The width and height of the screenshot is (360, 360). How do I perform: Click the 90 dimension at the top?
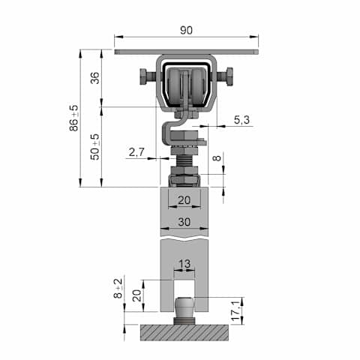(186, 30)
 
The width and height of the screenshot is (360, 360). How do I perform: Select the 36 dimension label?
(95, 78)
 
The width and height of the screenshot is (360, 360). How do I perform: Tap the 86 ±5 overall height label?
(73, 118)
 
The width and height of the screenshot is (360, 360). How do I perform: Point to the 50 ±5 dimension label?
(95, 147)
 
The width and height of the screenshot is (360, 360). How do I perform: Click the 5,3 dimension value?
(241, 120)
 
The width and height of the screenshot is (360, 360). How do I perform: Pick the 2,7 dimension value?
(136, 151)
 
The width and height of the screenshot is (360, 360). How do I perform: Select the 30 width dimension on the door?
(184, 222)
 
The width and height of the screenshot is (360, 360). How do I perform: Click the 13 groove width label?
(184, 263)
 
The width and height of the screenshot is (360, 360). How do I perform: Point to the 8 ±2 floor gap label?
(118, 288)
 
